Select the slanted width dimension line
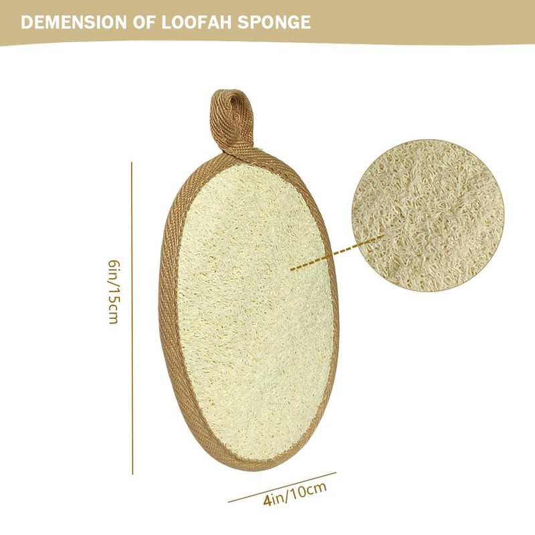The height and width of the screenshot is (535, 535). [x=281, y=487]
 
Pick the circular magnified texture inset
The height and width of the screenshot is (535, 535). [x=428, y=215]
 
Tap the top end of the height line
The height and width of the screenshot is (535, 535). [x=132, y=163]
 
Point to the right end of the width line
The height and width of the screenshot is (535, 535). [x=335, y=473]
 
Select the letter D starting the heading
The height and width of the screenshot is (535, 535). [x=26, y=22]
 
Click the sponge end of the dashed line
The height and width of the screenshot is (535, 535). [x=292, y=269]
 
